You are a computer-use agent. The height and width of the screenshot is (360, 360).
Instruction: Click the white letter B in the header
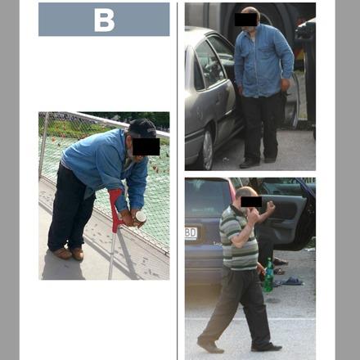[x=104, y=20]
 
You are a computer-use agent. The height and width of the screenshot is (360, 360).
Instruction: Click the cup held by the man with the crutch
[x=140, y=218]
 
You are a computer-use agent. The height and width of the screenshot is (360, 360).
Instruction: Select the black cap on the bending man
[x=142, y=128]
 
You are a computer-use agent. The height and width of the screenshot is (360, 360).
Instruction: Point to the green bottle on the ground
[x=268, y=275]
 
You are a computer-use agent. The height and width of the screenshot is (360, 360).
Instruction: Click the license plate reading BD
[x=191, y=233]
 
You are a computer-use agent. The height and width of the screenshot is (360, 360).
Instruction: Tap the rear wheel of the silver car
[x=208, y=149]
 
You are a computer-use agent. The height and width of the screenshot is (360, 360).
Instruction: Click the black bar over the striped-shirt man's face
[x=251, y=202]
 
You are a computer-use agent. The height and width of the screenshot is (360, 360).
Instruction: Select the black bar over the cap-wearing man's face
[x=146, y=146]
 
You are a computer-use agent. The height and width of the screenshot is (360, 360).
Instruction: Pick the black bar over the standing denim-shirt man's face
[x=245, y=20]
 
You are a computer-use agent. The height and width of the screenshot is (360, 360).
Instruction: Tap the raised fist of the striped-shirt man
[x=271, y=205]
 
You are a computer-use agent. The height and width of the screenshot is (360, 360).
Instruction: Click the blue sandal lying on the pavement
[x=292, y=281]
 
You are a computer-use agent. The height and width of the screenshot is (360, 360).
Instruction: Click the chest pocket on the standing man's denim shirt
[x=264, y=52]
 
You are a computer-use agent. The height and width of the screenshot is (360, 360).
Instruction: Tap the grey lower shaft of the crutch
[x=111, y=255]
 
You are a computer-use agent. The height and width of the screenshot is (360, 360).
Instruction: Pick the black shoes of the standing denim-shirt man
[x=258, y=162]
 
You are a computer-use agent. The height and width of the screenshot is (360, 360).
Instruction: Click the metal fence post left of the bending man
[x=43, y=146]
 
